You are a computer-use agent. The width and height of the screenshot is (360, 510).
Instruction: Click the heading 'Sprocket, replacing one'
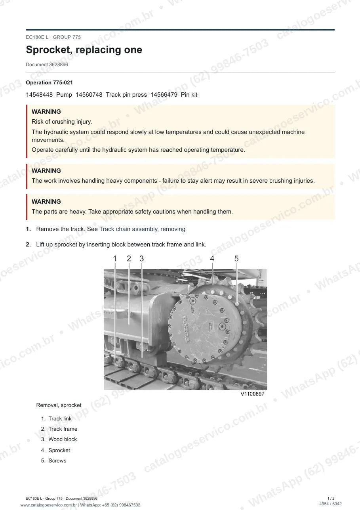[x=84, y=50]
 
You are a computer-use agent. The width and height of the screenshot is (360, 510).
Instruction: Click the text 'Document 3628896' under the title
[x=47, y=65]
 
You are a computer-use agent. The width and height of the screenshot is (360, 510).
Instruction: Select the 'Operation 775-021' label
[x=50, y=83]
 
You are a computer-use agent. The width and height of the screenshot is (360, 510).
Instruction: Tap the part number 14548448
[x=39, y=95]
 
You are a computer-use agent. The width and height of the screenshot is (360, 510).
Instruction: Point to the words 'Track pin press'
[x=126, y=95]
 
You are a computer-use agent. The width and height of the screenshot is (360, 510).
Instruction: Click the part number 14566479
[x=164, y=95]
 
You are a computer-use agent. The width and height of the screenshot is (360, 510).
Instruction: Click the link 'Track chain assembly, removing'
[x=143, y=229]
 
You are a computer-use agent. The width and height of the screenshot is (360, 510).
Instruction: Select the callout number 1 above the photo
[x=115, y=259]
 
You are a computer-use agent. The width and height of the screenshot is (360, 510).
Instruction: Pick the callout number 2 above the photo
[x=129, y=259]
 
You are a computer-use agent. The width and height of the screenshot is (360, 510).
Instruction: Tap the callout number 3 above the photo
[x=141, y=259]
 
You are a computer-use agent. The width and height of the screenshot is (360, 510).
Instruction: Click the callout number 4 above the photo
[x=212, y=259]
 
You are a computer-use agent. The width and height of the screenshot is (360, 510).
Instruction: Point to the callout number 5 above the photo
[x=236, y=259]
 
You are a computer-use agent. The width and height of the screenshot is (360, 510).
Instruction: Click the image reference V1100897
[x=252, y=394]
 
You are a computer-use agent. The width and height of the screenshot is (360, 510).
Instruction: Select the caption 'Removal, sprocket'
[x=59, y=405]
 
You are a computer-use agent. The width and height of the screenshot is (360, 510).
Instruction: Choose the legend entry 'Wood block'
[x=63, y=439]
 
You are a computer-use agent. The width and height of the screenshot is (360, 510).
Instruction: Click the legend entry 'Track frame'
[x=63, y=429]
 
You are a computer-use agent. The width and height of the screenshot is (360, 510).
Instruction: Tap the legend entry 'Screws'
[x=57, y=460]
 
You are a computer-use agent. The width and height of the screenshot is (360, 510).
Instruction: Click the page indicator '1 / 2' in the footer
[x=331, y=499]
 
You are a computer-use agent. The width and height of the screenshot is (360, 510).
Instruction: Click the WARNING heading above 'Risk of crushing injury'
[x=46, y=112]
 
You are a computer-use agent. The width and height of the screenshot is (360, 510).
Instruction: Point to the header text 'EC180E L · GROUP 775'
[x=53, y=37]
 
